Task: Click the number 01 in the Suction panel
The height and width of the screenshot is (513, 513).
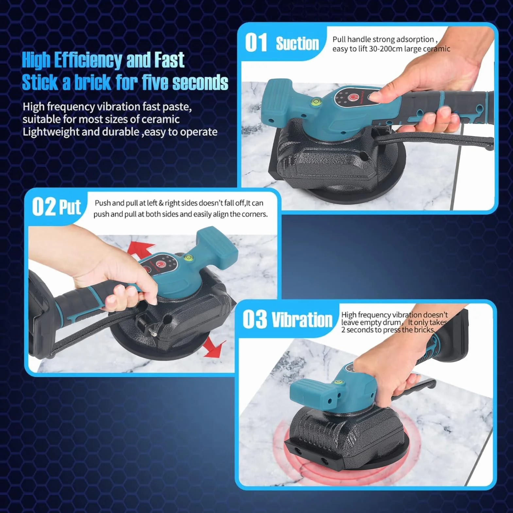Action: click(256, 43)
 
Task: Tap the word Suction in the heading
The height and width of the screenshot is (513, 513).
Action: click(297, 43)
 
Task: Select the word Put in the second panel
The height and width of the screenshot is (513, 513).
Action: click(70, 207)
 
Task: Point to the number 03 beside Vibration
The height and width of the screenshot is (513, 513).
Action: click(254, 319)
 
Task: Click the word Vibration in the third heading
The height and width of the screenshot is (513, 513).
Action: click(302, 319)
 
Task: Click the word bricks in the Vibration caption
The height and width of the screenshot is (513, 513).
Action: click(424, 330)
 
